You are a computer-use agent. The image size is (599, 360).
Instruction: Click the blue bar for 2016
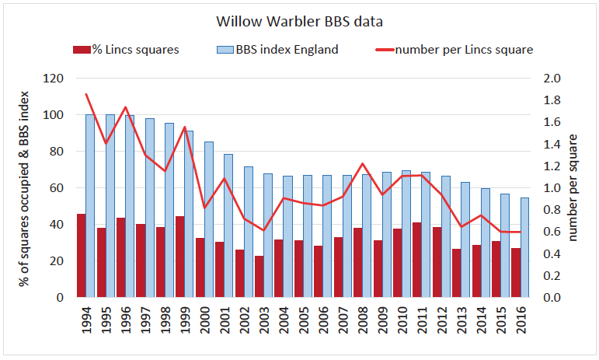coord(524,247)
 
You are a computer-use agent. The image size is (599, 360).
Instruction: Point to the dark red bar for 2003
coord(259,277)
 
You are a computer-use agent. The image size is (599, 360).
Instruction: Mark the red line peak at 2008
coord(363,164)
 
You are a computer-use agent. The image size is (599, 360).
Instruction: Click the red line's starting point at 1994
coord(86,94)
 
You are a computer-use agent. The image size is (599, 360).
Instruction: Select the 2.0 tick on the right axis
coord(551,79)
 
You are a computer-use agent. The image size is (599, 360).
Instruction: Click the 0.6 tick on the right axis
coord(551,232)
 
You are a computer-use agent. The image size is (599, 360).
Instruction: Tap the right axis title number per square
coord(576,187)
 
